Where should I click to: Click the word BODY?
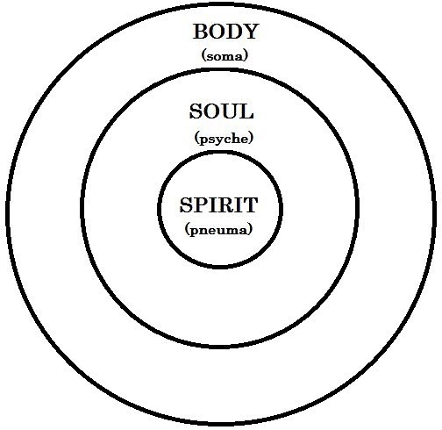coord(225,32)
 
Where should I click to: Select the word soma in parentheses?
coord(225,56)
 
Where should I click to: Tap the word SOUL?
coord(221,111)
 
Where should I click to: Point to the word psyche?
coord(224,139)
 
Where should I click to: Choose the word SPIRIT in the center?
coord(218,204)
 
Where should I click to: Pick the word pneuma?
coord(218,230)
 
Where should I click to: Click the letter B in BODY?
coord(200,32)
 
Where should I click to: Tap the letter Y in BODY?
coord(250,32)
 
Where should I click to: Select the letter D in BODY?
coord(233,32)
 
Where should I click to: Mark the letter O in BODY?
coord(217,32)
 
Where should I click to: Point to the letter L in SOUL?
coord(246,111)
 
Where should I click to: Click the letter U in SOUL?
coord(231,111)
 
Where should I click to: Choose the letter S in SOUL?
coord(196,111)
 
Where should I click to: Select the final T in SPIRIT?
coord(250,204)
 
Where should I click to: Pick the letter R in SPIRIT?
coord(225,204)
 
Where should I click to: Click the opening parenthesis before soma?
coord(203,56)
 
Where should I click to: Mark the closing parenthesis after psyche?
coord(250,139)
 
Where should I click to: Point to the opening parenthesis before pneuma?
coord(188,230)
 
